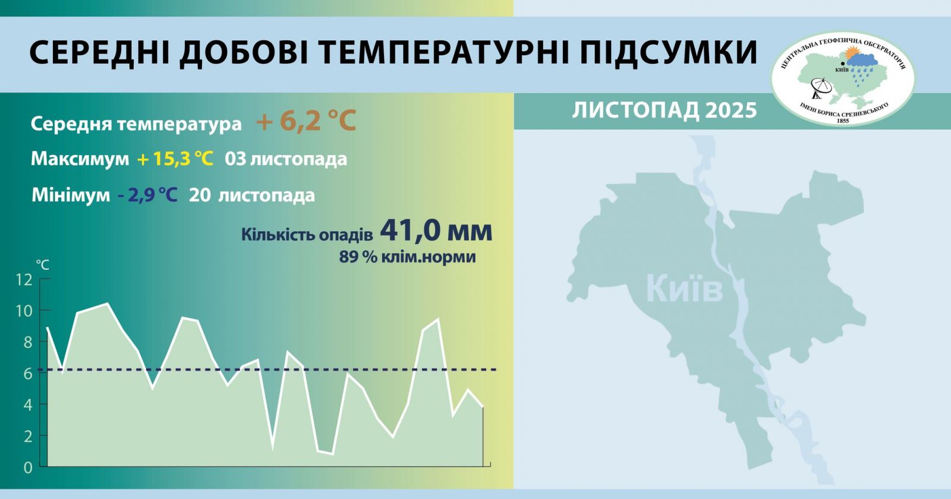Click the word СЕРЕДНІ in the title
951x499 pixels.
coord(97,53)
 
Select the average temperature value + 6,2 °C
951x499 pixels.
coord(306,122)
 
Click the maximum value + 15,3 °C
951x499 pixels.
coord(175,159)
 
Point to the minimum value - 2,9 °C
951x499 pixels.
coord(147,195)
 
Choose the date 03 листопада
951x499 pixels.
coord(285,159)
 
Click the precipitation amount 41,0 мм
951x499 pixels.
coord(436,230)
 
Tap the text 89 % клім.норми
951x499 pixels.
coord(407,257)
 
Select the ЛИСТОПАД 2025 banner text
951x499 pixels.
coord(664,110)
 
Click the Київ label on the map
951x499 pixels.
coord(684,289)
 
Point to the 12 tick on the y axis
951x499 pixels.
coord(24,280)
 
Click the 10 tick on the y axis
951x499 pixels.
coord(24,311)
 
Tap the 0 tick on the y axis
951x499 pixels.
coord(28,468)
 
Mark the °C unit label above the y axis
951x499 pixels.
coord(42,264)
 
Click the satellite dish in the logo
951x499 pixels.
coord(823,88)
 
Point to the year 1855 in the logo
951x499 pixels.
coord(842,121)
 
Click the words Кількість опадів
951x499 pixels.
coord(307,235)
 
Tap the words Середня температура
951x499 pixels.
coord(136,124)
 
